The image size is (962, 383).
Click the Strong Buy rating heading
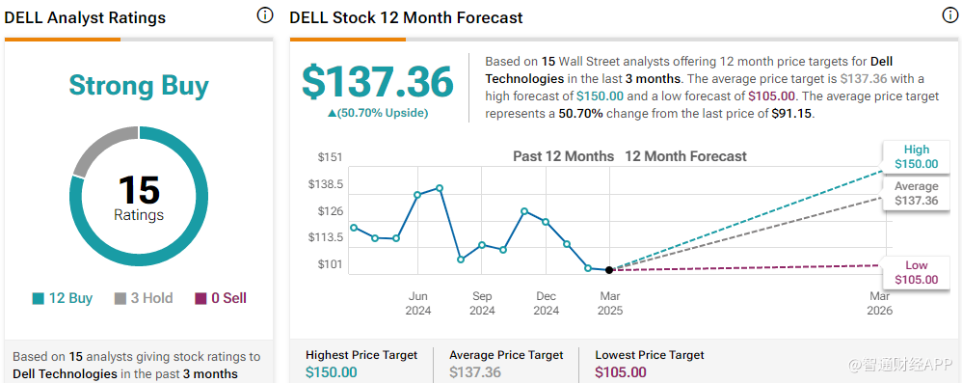click(139, 85)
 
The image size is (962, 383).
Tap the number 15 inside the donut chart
click(139, 190)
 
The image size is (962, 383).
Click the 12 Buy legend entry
click(62, 298)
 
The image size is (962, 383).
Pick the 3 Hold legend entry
click(144, 298)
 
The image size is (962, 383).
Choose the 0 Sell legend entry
click(221, 298)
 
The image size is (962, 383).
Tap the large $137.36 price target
click(377, 82)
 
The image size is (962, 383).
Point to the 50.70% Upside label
click(378, 113)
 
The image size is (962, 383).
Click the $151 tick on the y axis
click(330, 157)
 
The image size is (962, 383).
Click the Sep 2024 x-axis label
click(482, 304)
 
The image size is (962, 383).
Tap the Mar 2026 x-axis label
click(880, 304)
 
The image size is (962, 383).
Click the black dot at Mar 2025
click(608, 270)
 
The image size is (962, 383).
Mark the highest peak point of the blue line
click(440, 188)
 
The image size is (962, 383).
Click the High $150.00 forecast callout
click(917, 157)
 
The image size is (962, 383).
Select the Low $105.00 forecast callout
click(917, 272)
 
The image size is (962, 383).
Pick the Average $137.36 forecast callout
click(917, 193)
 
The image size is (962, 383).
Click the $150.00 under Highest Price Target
click(332, 372)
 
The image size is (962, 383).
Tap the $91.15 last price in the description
click(791, 114)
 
